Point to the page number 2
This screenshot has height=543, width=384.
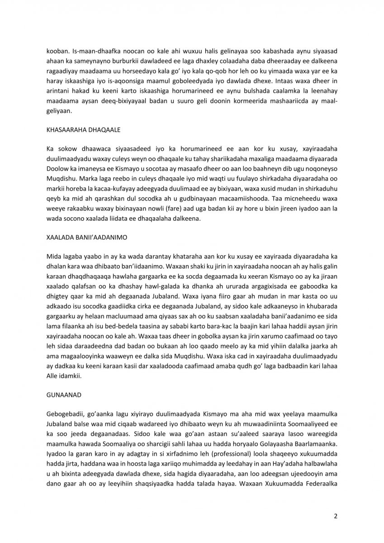click(x=335, y=515)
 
